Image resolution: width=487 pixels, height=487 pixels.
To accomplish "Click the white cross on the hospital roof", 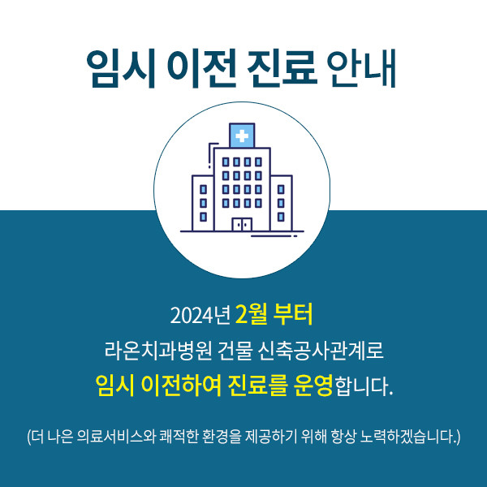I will [x=241, y=136].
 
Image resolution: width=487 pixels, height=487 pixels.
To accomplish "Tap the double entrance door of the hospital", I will [x=241, y=225].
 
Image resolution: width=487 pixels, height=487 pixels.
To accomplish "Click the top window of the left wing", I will [x=203, y=189].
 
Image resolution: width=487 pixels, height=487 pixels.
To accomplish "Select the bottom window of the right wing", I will [x=280, y=214].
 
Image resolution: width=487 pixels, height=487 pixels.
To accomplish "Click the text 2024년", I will [x=200, y=314].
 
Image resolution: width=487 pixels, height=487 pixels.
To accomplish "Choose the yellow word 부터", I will [x=296, y=313].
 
